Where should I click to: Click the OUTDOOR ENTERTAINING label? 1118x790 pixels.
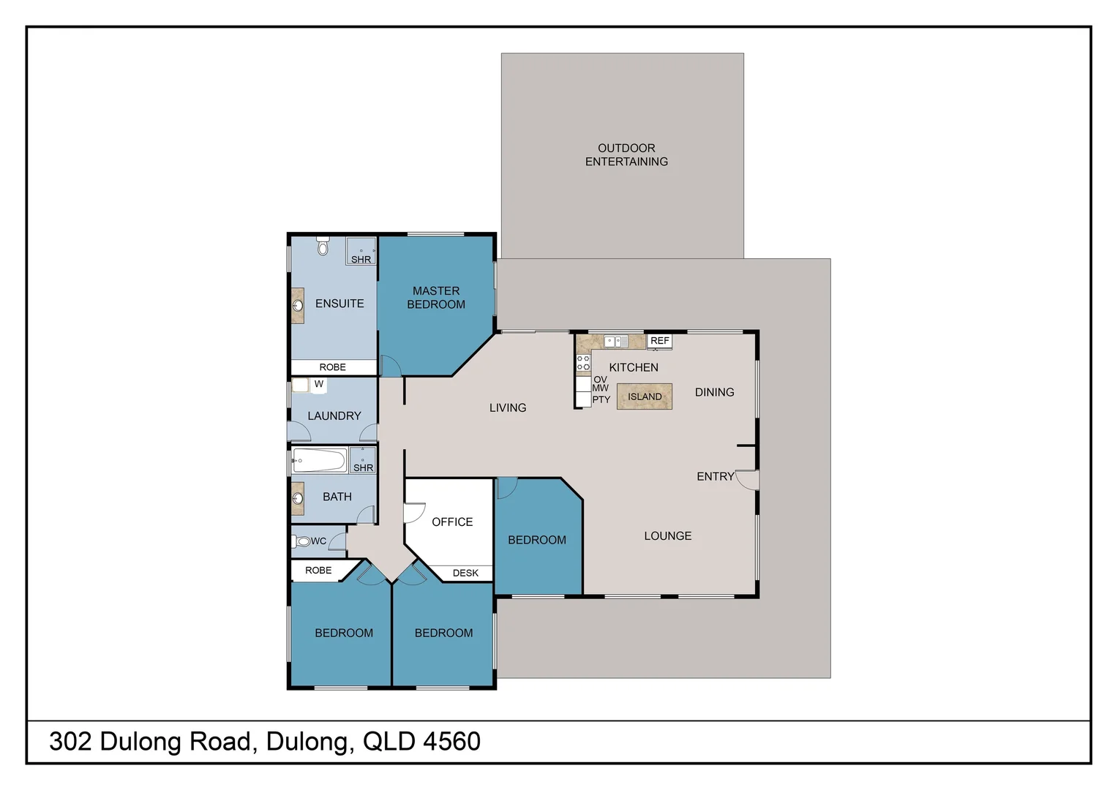[626, 155]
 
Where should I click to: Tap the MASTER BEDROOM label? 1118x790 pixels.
[436, 298]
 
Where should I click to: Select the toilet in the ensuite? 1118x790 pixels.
[323, 247]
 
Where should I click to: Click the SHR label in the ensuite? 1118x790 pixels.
[361, 260]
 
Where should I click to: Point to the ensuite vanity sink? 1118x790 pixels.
[298, 306]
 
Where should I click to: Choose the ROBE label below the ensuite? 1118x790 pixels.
[332, 367]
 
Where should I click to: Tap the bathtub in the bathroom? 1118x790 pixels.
[319, 461]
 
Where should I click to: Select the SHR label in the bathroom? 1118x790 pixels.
[363, 467]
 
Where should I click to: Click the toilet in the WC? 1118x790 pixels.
[302, 541]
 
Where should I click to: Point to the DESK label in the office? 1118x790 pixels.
[465, 573]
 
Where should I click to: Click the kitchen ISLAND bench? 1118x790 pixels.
[644, 396]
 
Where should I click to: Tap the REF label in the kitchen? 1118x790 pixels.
[659, 341]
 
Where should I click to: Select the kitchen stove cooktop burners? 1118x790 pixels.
[583, 363]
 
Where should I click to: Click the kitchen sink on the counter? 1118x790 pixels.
[615, 342]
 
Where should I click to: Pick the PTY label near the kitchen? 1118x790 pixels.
[601, 400]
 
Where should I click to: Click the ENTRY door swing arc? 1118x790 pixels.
[746, 481]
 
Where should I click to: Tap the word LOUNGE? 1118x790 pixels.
[667, 536]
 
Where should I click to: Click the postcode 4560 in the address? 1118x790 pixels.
[451, 742]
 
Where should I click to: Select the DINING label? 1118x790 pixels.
[714, 392]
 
